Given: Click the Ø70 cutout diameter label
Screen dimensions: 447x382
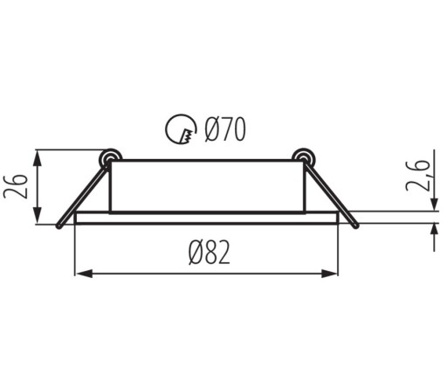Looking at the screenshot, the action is (x=225, y=129).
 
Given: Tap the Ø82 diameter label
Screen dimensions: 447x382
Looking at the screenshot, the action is (x=210, y=253).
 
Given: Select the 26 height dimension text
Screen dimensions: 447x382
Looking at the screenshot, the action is (x=16, y=186).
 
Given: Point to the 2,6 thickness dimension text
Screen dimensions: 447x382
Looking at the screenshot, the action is (x=417, y=176).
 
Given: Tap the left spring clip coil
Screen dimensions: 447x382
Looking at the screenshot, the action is (x=110, y=157).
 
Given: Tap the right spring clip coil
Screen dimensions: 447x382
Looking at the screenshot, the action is (x=303, y=157).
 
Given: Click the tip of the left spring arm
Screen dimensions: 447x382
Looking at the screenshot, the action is (x=59, y=226).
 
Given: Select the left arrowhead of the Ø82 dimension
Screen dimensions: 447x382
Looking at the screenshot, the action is (x=84, y=274).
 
